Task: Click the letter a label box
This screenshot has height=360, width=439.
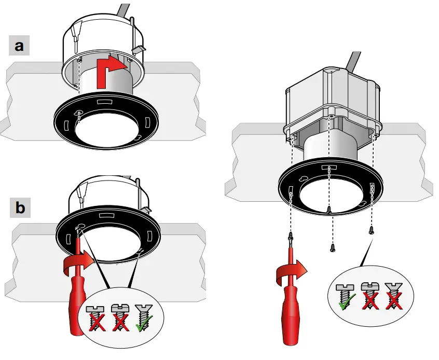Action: pyautogui.click(x=20, y=46)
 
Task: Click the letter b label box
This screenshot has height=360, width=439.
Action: pyautogui.click(x=20, y=208)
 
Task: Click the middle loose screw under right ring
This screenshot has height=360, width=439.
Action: pyautogui.click(x=332, y=247)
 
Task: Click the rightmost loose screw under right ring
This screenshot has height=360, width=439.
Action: pyautogui.click(x=371, y=230)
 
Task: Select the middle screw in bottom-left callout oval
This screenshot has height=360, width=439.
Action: pyautogui.click(x=118, y=317)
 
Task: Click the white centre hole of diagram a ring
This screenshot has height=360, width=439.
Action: pyautogui.click(x=106, y=132)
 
